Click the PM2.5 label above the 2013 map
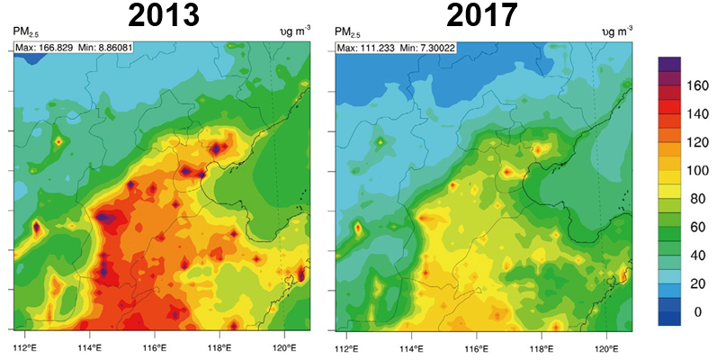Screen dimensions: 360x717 tap(24, 34)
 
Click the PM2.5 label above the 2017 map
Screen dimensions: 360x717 tap(348, 34)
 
